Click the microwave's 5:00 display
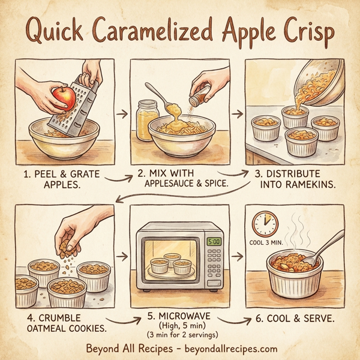point(214,242)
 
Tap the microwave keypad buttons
point(214,265)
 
